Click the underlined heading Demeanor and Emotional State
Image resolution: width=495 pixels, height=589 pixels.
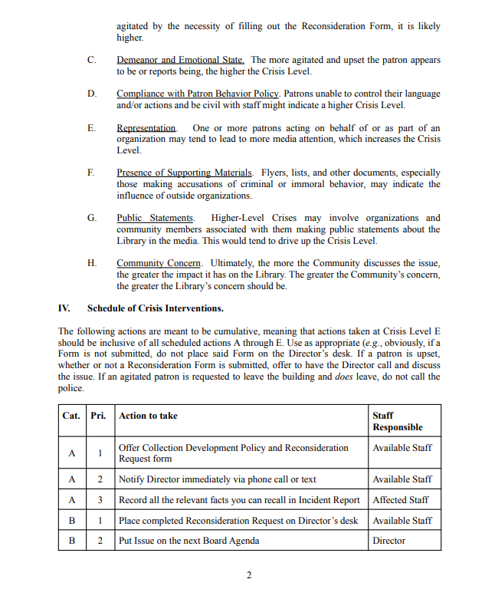point(180,60)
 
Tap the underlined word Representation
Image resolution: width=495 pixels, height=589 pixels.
point(146,127)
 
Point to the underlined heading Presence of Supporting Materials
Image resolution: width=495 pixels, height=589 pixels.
point(185,173)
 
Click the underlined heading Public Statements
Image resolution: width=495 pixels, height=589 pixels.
point(155,218)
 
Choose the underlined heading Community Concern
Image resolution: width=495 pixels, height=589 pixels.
point(159,263)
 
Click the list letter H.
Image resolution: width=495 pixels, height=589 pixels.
point(92,263)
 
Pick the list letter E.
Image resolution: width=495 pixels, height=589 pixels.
point(91,127)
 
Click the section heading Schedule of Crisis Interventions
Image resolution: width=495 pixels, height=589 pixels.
point(156,308)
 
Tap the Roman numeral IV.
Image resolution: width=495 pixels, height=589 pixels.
point(64,308)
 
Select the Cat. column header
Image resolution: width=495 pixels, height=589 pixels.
point(71,416)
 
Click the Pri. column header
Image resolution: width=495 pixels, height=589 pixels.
point(99,416)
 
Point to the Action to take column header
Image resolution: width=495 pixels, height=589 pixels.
point(148,416)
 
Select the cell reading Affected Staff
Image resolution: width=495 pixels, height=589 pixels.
point(401,499)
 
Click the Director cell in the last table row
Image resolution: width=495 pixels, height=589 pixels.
point(389,541)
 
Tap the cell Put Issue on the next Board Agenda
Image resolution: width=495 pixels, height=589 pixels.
point(189,541)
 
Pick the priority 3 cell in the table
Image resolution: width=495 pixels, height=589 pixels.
point(100,499)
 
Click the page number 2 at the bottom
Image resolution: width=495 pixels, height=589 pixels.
point(248,575)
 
